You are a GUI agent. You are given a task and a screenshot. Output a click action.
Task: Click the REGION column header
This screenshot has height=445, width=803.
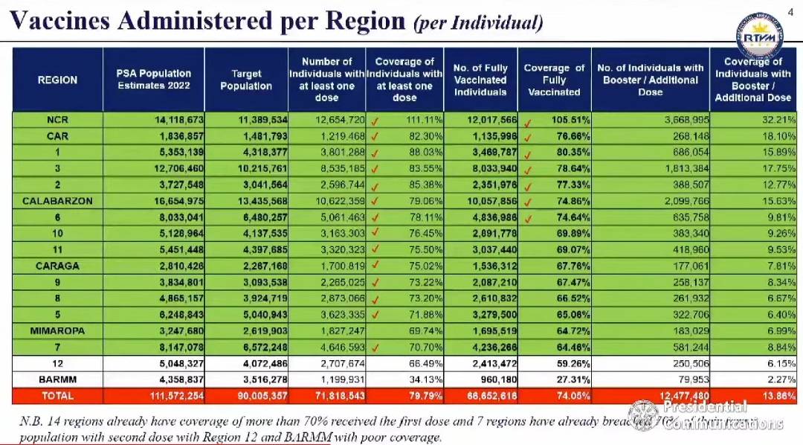tap(57, 80)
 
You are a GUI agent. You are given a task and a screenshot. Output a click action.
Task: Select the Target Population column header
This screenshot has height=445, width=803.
tap(246, 80)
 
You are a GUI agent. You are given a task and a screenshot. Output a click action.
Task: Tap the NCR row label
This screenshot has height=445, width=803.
tap(57, 120)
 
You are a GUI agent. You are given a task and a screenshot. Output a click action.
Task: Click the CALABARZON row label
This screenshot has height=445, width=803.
tap(57, 201)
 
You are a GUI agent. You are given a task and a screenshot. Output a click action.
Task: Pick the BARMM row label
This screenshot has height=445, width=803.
tap(57, 379)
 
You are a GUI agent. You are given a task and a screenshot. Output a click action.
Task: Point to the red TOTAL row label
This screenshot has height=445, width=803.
tap(57, 395)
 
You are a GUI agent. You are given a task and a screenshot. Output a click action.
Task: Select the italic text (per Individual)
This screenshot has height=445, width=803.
tap(477, 24)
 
